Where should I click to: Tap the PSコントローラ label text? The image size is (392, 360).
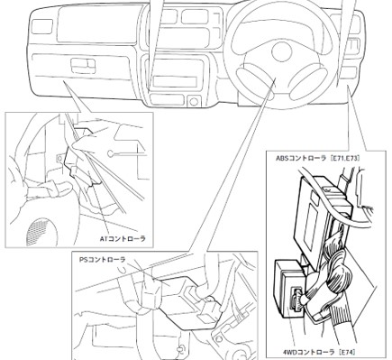tap(103, 259)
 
